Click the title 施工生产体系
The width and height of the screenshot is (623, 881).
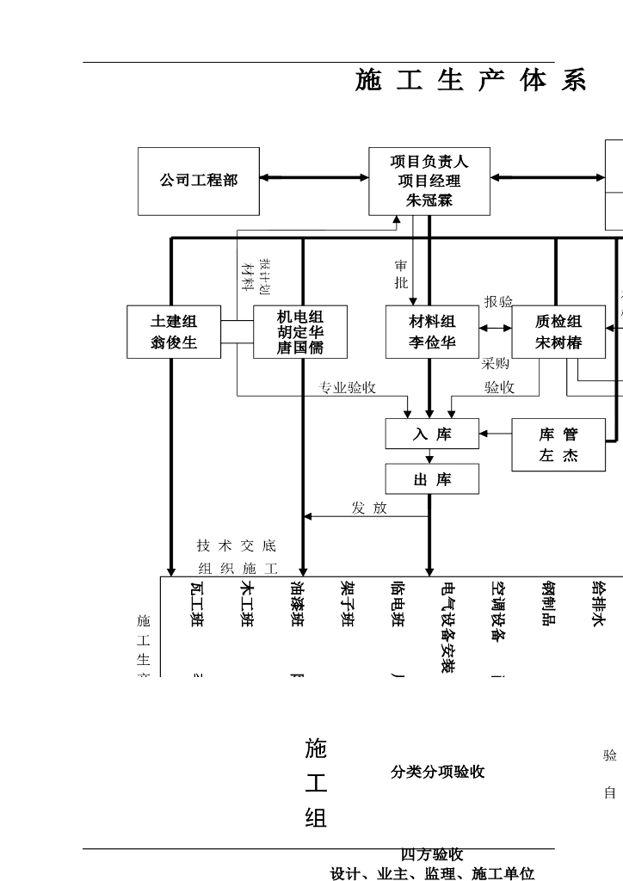pyautogui.click(x=471, y=81)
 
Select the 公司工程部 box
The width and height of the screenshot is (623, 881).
pyautogui.click(x=198, y=181)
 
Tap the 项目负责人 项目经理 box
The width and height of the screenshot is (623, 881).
pyautogui.click(x=429, y=181)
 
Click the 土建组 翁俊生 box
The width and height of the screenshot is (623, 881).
pyautogui.click(x=174, y=332)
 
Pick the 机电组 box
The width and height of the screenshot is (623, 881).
pyautogui.click(x=300, y=332)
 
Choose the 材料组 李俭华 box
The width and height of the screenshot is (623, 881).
pyautogui.click(x=432, y=332)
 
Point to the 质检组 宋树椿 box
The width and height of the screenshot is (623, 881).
pyautogui.click(x=558, y=332)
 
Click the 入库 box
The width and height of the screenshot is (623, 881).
pyautogui.click(x=432, y=434)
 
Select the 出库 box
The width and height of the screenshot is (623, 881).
pyautogui.click(x=432, y=479)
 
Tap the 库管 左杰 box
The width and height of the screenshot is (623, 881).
pyautogui.click(x=558, y=445)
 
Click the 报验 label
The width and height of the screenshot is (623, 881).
pyautogui.click(x=498, y=302)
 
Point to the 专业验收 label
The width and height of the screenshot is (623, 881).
pyautogui.click(x=348, y=388)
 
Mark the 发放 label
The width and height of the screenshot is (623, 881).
pyautogui.click(x=369, y=508)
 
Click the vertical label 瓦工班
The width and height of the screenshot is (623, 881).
pyautogui.click(x=196, y=605)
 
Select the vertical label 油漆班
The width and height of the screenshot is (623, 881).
pyautogui.click(x=297, y=605)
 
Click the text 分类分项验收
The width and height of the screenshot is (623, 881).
pyautogui.click(x=437, y=773)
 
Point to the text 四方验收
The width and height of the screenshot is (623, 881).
pyautogui.click(x=432, y=854)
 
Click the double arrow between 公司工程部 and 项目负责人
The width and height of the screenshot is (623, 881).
pyautogui.click(x=314, y=178)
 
